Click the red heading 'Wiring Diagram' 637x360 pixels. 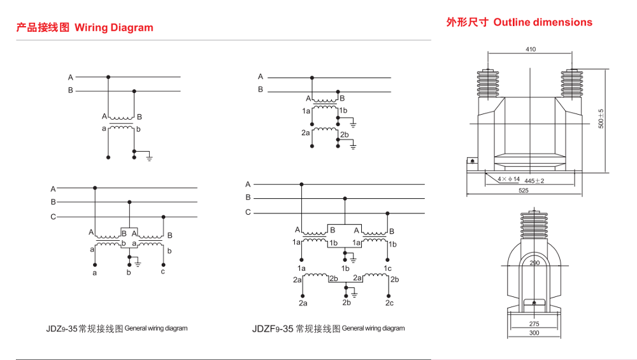click(x=114, y=27)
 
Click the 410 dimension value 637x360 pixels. click(x=531, y=49)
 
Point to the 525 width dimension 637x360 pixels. click(x=523, y=190)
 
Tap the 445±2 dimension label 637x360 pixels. click(x=534, y=180)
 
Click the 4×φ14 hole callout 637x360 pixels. click(x=509, y=179)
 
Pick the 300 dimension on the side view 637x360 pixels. click(x=534, y=333)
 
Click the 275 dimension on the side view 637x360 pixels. click(x=534, y=324)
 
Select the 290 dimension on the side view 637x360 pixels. click(x=534, y=263)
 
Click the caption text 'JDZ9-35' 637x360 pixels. click(x=61, y=329)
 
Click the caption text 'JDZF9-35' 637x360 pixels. click(x=273, y=329)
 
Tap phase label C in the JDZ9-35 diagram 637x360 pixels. click(x=54, y=217)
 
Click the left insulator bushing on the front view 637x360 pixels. click(x=487, y=81)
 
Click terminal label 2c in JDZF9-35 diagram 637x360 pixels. click(x=389, y=303)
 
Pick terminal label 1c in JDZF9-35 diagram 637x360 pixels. click(x=388, y=268)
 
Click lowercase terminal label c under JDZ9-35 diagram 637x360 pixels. click(x=163, y=272)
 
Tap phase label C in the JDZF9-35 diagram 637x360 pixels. click(x=248, y=212)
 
